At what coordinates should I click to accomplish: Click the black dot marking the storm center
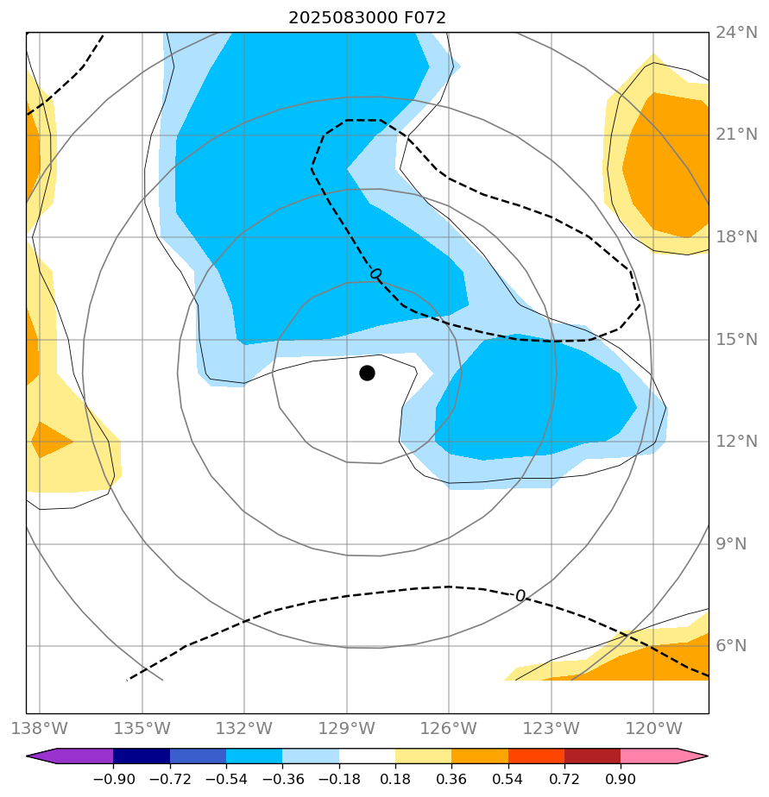click(367, 373)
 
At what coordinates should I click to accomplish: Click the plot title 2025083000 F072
click(367, 17)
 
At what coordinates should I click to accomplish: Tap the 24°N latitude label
click(736, 34)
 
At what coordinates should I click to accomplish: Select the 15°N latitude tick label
click(736, 340)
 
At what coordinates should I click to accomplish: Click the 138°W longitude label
click(39, 726)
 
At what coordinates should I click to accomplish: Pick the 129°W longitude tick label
click(346, 726)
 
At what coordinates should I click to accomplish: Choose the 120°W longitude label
click(652, 726)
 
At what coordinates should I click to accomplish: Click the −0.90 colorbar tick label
click(113, 780)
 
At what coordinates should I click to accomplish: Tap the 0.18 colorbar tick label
click(395, 780)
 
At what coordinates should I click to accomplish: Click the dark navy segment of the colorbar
click(142, 756)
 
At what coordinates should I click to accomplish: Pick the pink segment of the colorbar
click(649, 756)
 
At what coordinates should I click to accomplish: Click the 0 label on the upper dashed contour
click(375, 274)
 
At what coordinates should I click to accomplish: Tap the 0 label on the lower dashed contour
click(520, 596)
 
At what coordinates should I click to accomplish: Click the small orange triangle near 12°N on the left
click(48, 440)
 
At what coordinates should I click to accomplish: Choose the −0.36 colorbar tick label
click(282, 780)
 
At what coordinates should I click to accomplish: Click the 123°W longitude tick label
click(551, 726)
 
